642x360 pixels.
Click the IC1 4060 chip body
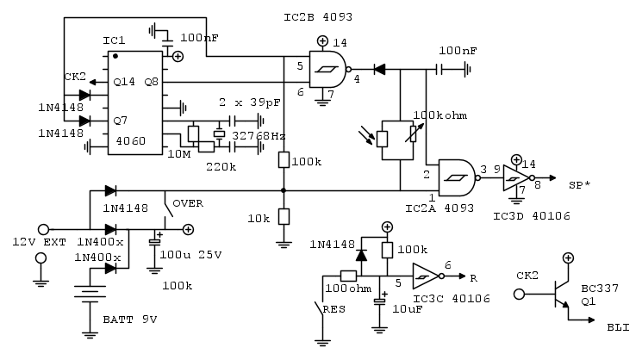click(135, 103)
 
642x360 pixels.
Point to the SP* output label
click(580, 185)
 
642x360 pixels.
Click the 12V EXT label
click(38, 242)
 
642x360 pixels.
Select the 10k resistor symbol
click(284, 218)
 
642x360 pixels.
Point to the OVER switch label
click(188, 204)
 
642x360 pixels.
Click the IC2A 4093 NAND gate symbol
click(457, 177)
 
